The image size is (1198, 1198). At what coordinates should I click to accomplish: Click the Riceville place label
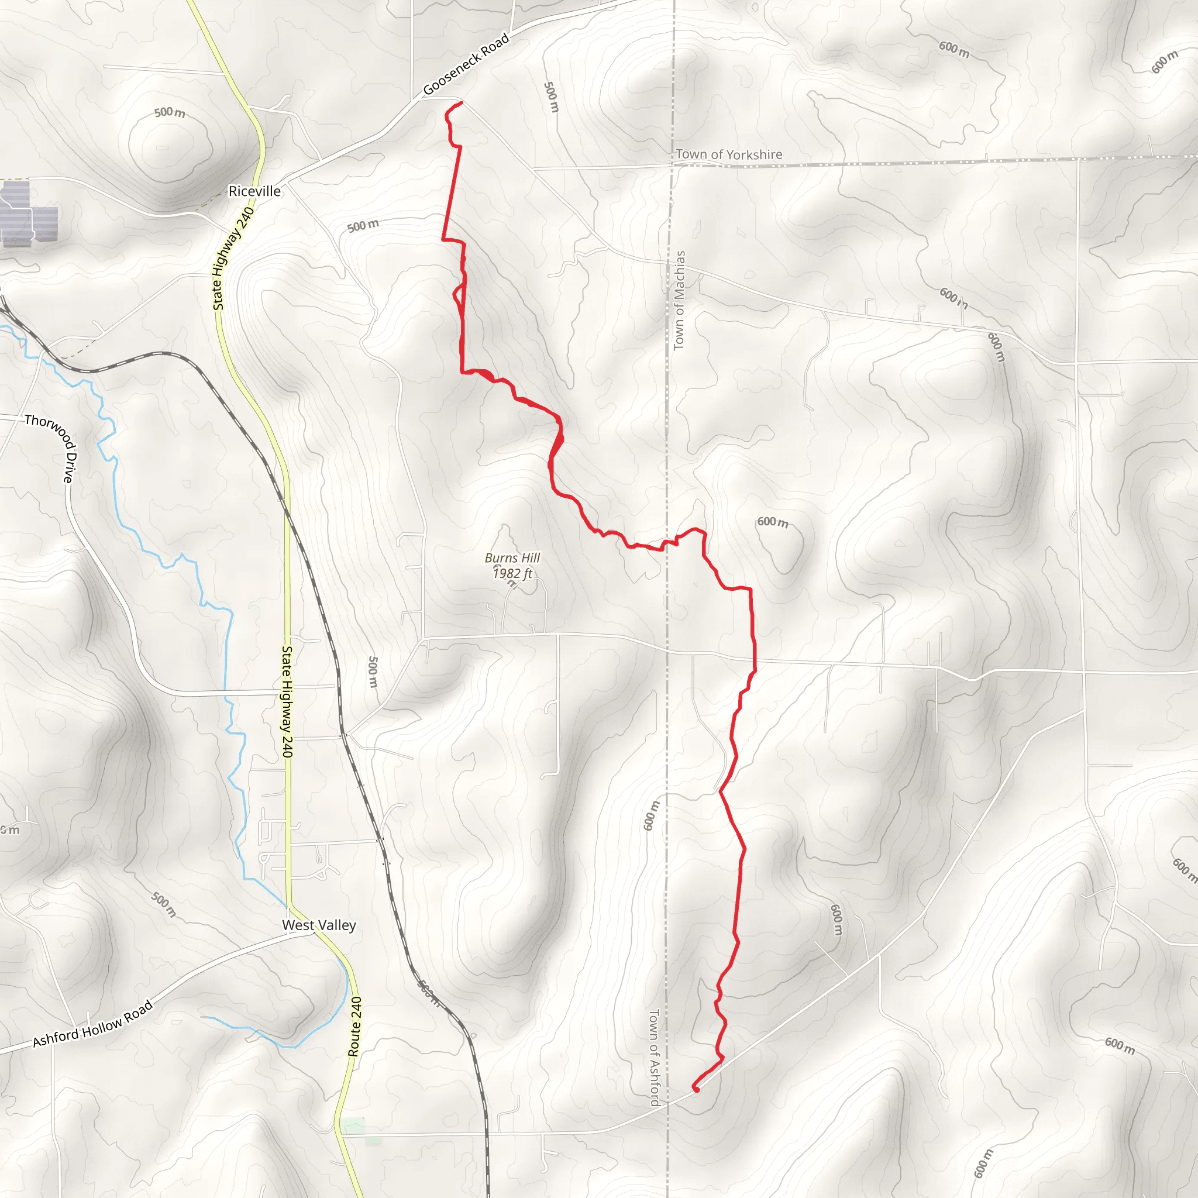point(254,191)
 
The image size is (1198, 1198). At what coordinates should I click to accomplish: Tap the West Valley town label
point(319,925)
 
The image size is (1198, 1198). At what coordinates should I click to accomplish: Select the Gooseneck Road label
point(466,64)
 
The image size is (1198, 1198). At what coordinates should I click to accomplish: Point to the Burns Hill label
point(512,557)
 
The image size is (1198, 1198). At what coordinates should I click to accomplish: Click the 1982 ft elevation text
point(512,574)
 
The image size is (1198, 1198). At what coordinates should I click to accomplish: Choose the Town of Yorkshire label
point(729,154)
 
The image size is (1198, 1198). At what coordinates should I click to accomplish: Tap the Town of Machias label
point(680,300)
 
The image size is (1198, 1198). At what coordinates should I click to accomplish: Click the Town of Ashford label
point(653,1058)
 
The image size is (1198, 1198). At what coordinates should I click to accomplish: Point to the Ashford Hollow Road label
point(92,1024)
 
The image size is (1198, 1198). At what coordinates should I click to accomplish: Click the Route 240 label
point(354,1026)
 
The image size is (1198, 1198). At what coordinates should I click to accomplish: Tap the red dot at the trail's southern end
point(696,1089)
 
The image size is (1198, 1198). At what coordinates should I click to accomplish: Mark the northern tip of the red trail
point(461,102)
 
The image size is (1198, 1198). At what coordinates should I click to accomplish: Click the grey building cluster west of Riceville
point(28,214)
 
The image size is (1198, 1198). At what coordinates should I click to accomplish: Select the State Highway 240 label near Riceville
point(233,259)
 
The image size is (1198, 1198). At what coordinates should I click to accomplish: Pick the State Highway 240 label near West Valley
point(287,701)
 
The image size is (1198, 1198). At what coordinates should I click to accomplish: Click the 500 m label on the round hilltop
point(169,112)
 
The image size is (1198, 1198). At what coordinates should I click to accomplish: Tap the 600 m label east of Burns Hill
point(773,522)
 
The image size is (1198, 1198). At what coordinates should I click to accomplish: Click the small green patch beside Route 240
point(353,1125)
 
